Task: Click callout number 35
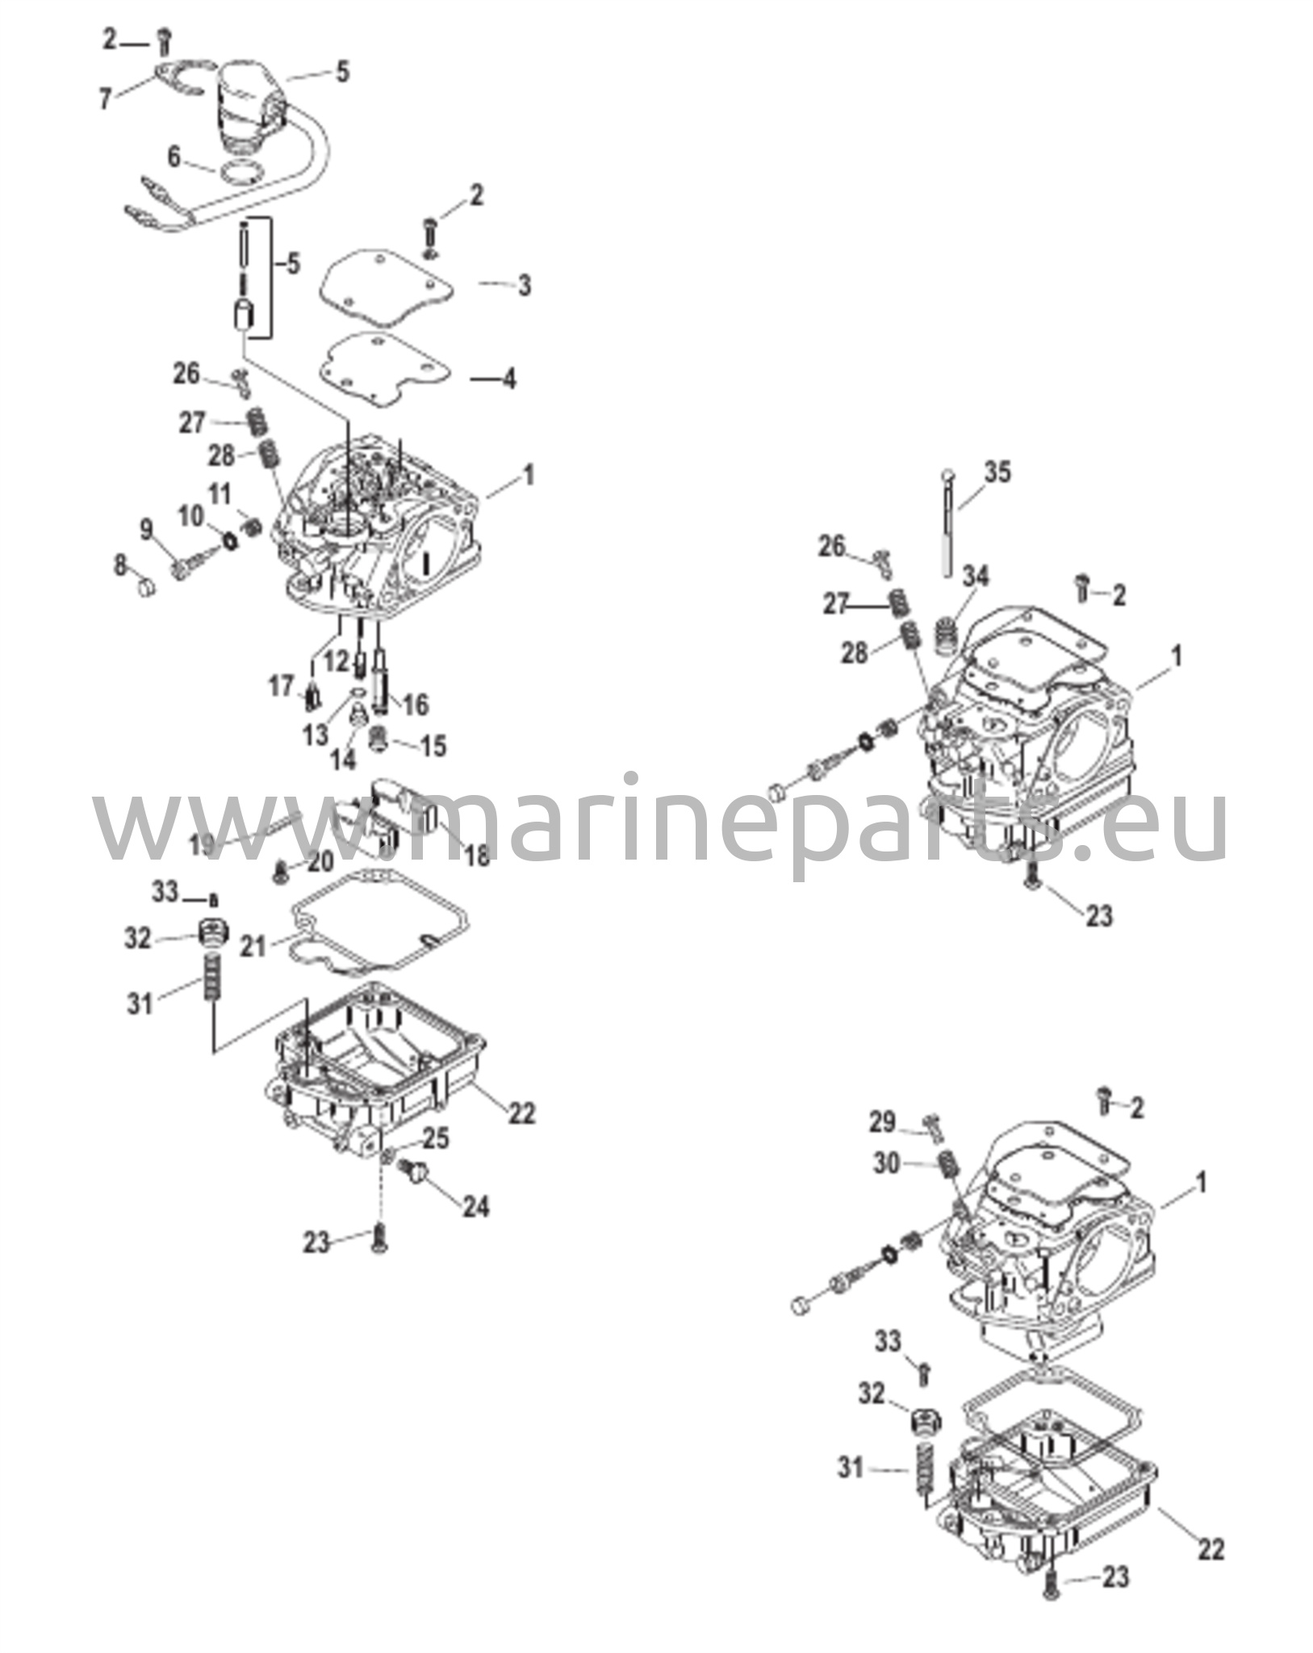pyautogui.click(x=997, y=472)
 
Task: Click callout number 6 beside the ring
pyautogui.click(x=174, y=156)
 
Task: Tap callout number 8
pyautogui.click(x=120, y=566)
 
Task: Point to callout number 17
pyautogui.click(x=281, y=687)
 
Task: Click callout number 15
pyautogui.click(x=433, y=745)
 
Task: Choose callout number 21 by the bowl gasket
pyautogui.click(x=253, y=945)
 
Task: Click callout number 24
pyautogui.click(x=475, y=1207)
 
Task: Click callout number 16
pyautogui.click(x=415, y=705)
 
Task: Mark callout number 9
pyautogui.click(x=147, y=529)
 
